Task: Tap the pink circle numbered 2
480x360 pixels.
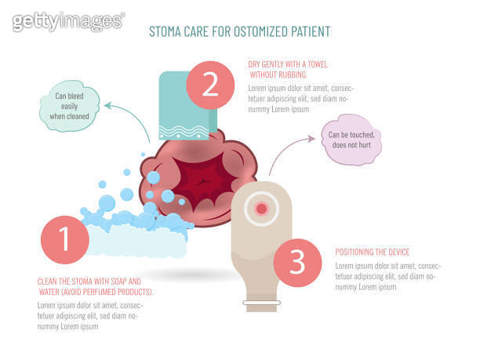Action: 210,84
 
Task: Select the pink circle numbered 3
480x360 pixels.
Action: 297,263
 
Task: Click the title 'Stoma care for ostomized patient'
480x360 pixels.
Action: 239,32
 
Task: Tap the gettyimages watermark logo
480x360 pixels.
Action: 68,20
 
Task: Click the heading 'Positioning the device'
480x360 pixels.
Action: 373,252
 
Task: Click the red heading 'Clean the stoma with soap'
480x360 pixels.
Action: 89,281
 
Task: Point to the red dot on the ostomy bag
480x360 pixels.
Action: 261,209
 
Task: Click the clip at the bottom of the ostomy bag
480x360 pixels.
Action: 261,301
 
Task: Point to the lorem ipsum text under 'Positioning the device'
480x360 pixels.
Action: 387,275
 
